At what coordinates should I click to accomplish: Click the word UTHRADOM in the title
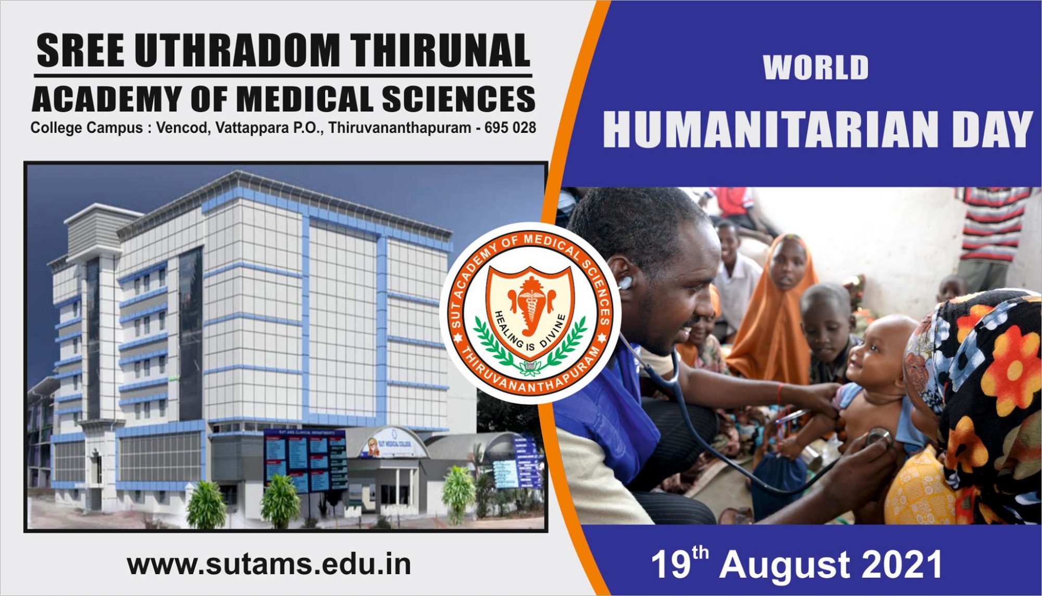point(237,51)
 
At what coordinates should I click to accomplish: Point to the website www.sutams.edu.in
point(269,565)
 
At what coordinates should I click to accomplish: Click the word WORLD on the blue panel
point(816,68)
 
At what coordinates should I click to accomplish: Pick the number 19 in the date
point(672,565)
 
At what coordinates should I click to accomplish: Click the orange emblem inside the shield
point(531,307)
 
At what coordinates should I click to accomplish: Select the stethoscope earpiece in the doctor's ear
point(625,283)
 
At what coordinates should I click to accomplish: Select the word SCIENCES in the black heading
point(458,99)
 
